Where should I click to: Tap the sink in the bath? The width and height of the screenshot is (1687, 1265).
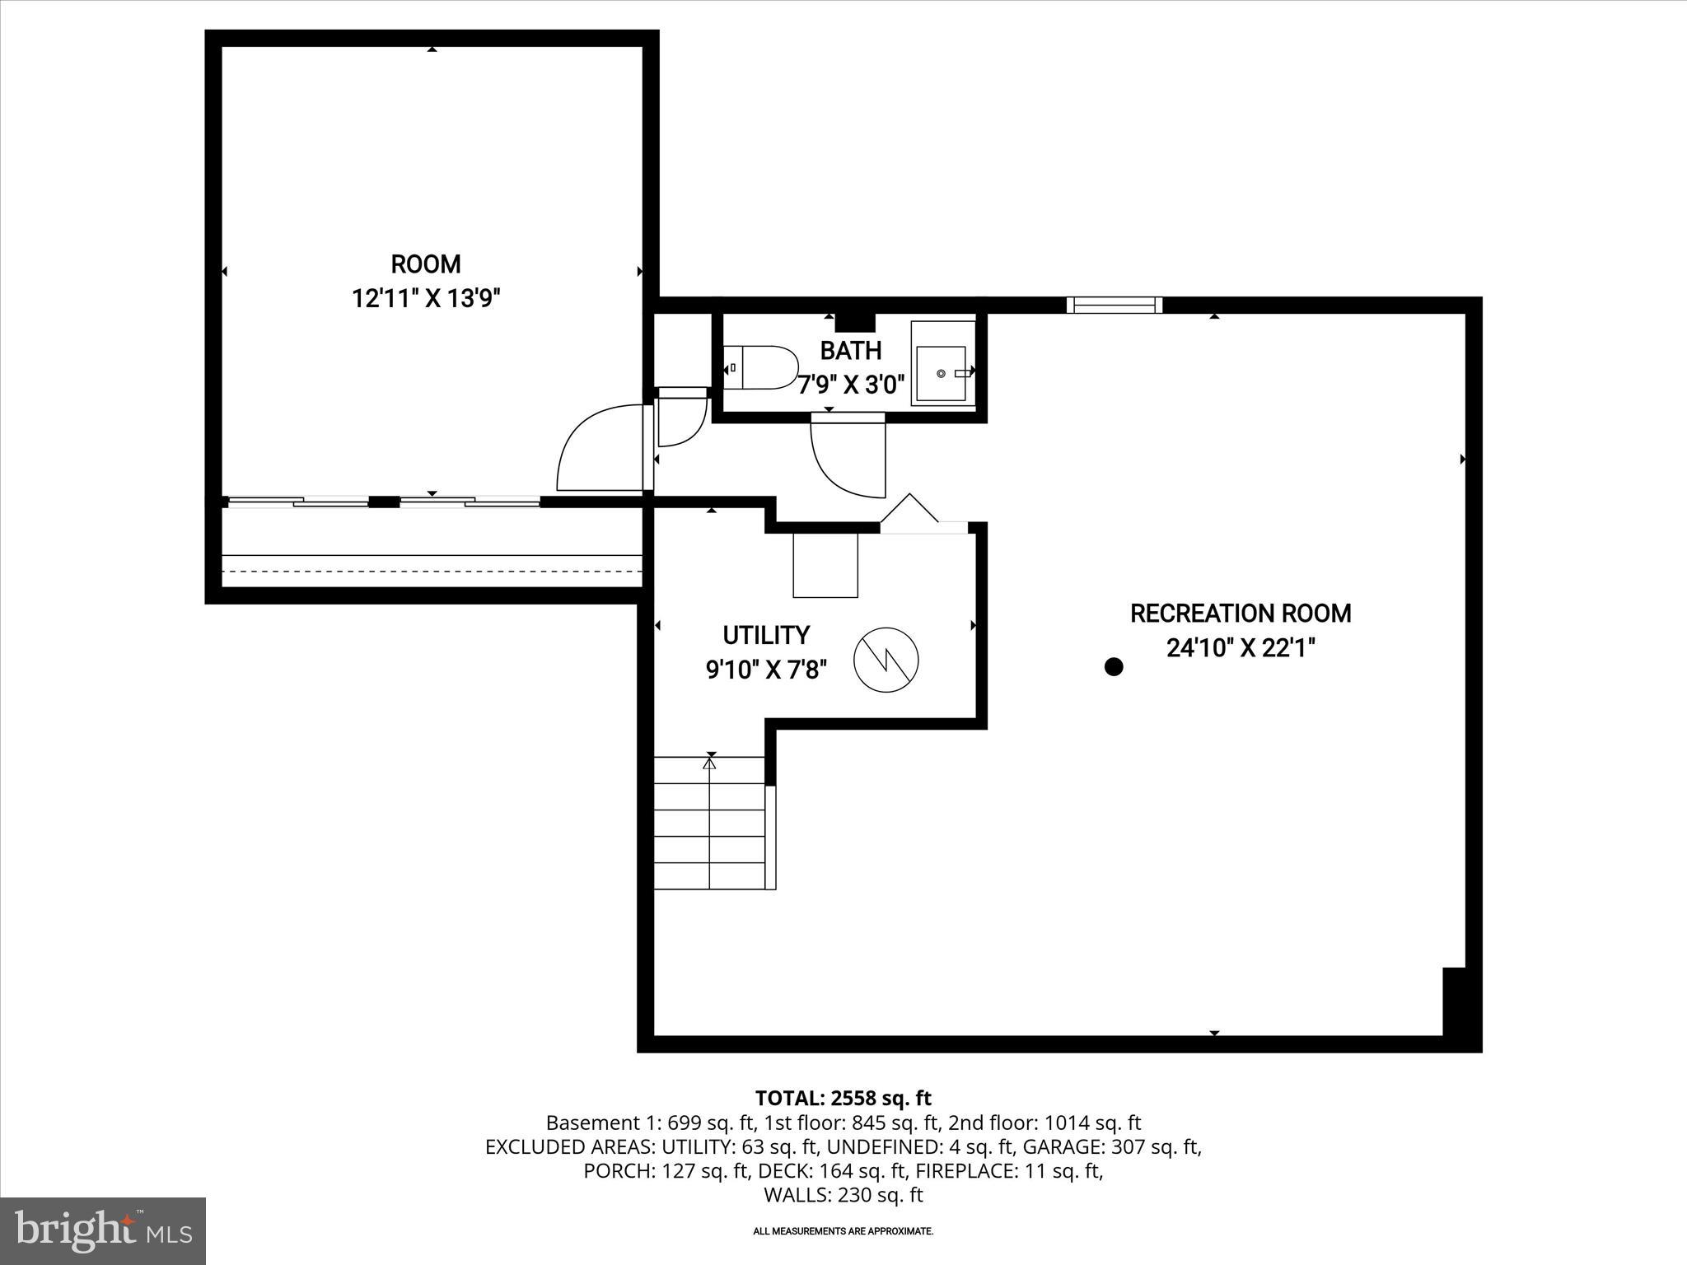pyautogui.click(x=942, y=373)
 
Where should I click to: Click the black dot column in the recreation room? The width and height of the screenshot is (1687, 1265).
pyautogui.click(x=1113, y=667)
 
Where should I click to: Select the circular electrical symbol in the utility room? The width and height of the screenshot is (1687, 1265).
pyautogui.click(x=886, y=660)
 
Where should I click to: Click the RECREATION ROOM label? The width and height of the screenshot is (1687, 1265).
pyautogui.click(x=1240, y=614)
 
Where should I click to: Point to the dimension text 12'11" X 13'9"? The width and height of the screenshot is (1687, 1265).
pyautogui.click(x=426, y=298)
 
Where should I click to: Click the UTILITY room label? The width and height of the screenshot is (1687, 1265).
pyautogui.click(x=765, y=635)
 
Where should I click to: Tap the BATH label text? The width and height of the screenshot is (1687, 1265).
pyautogui.click(x=850, y=351)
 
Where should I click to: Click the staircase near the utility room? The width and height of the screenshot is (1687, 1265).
pyautogui.click(x=709, y=824)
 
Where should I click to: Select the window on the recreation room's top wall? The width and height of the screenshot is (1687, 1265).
pyautogui.click(x=1115, y=305)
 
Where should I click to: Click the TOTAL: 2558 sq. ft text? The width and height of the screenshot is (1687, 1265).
pyautogui.click(x=843, y=1098)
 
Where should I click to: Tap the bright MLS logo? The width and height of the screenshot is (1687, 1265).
pyautogui.click(x=103, y=1230)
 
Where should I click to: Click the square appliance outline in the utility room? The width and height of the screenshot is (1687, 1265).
pyautogui.click(x=825, y=565)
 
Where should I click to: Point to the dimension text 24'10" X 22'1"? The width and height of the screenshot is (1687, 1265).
pyautogui.click(x=1240, y=649)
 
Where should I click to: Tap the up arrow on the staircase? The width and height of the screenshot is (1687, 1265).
pyautogui.click(x=709, y=763)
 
